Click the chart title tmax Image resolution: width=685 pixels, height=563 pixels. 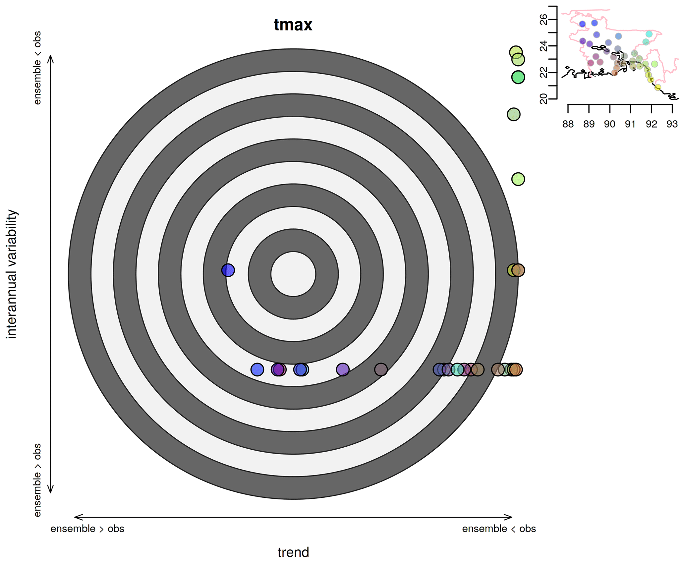click(293, 25)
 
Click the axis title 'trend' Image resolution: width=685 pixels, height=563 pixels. click(293, 552)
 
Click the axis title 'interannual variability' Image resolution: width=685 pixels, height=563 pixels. click(12, 274)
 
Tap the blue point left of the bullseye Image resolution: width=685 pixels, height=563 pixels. click(228, 270)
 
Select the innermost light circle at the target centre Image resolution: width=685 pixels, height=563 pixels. click(293, 274)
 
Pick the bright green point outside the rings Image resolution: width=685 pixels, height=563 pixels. click(518, 77)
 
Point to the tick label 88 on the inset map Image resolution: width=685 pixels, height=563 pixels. click(568, 124)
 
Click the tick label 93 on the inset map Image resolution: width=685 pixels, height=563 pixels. click(672, 124)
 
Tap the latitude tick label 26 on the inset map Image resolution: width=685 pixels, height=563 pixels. click(544, 20)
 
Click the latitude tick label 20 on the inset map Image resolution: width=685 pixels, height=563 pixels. click(544, 99)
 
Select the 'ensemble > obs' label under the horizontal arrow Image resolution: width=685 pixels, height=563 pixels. click(87, 529)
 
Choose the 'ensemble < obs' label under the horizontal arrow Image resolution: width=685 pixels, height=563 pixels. click(499, 529)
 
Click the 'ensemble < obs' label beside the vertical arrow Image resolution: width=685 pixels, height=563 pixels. click(37, 68)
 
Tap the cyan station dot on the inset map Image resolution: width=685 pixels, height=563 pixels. click(649, 34)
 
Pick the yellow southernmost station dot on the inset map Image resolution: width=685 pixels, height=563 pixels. click(658, 87)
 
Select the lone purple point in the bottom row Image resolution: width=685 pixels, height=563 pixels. click(343, 369)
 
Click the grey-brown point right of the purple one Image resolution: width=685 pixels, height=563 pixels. click(381, 369)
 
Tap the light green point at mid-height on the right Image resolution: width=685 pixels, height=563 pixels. click(518, 179)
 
